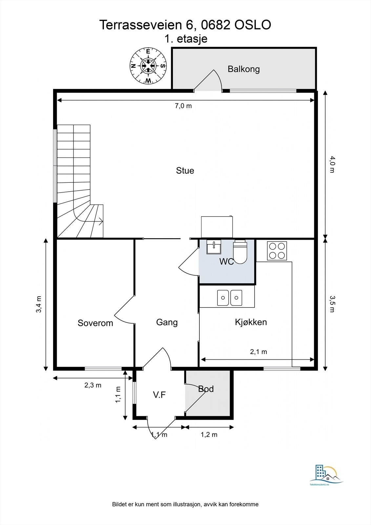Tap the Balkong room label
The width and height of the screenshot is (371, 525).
coord(244,69)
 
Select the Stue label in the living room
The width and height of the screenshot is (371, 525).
coord(185,170)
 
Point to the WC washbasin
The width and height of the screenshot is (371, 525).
coord(214,246)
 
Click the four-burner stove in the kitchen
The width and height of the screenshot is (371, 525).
coord(277,251)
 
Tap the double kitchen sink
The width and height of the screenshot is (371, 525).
coord(229,298)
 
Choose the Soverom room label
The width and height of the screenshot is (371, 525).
coord(95,323)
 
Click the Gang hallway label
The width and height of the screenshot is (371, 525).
coord(167,323)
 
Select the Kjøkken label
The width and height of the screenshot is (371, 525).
coord(251,322)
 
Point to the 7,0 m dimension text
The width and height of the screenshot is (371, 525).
coord(183,106)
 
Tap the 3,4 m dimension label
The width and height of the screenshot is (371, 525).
coord(39,304)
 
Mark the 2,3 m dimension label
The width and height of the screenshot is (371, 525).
coord(93,385)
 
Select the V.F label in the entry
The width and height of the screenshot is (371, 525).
coord(159,395)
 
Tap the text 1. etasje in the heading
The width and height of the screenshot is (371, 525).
coord(186,39)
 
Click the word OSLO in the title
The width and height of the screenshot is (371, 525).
coord(253,25)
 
